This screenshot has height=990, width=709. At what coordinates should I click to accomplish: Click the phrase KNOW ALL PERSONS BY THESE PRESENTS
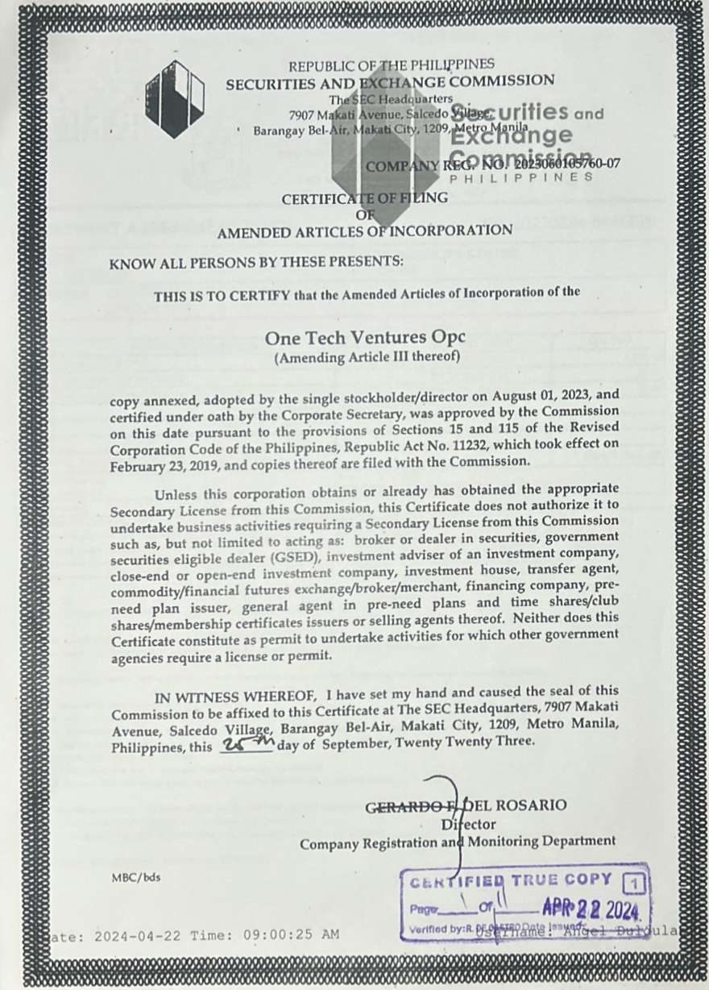pos(255,261)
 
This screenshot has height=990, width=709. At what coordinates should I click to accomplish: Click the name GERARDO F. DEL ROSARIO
pos(466,805)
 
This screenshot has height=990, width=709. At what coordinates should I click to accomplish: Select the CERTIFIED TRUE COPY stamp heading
pos(512,881)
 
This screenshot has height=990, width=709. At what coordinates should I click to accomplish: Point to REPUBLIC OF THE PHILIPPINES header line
pos(392,64)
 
